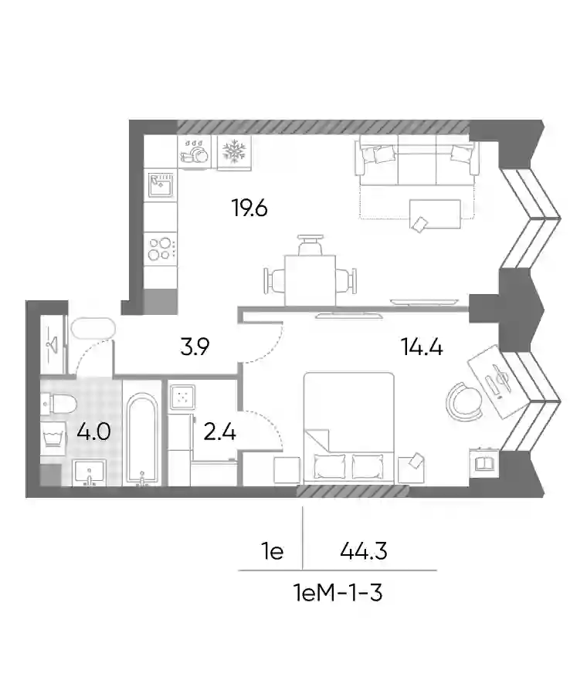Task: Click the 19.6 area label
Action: tap(249, 208)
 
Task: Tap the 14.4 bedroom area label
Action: tap(421, 347)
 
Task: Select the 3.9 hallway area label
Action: tap(195, 347)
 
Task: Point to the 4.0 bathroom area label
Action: tap(93, 431)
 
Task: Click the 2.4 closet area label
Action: tap(220, 431)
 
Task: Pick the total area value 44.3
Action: tap(364, 550)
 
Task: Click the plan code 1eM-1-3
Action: tap(338, 594)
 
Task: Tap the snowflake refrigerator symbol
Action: tap(235, 151)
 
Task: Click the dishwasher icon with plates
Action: tap(194, 151)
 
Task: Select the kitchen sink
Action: tap(161, 185)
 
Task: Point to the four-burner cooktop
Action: tap(161, 249)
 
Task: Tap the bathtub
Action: tap(141, 439)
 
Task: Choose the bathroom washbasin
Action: tap(90, 473)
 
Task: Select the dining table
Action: tap(310, 280)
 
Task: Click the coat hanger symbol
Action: tap(53, 344)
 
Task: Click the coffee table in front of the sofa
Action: tap(435, 215)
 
